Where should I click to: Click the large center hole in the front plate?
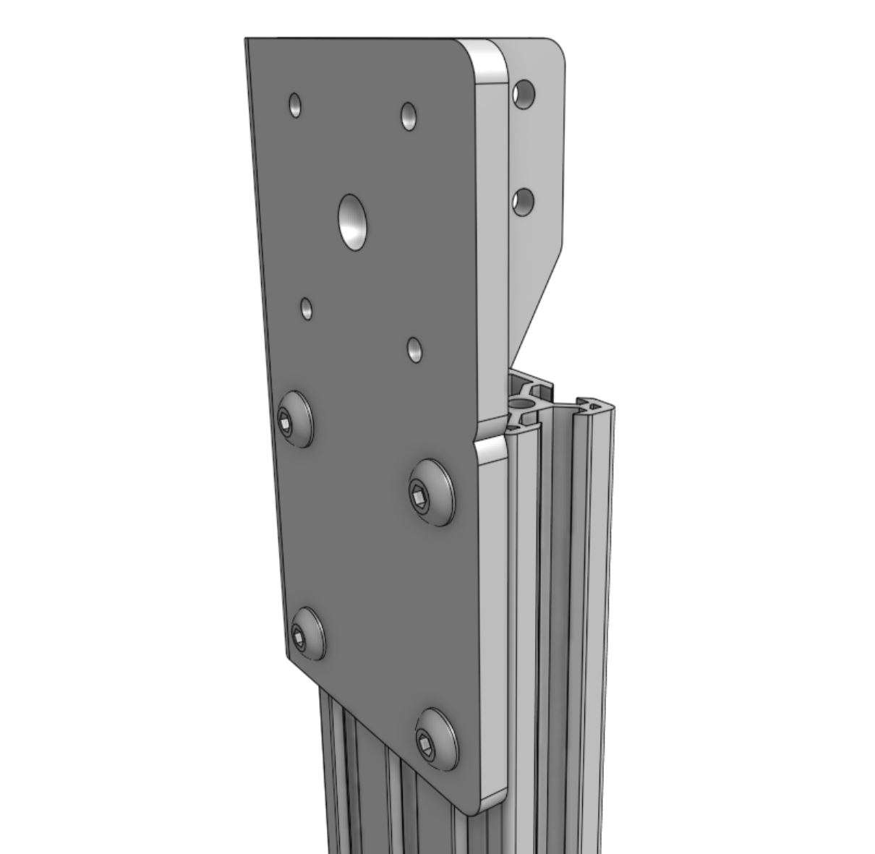point(352,221)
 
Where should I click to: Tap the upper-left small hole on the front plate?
point(295,106)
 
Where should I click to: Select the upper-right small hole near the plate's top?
point(409,116)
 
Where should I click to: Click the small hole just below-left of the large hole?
point(307,309)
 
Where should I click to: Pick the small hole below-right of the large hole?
point(414,349)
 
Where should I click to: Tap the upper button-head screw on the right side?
point(432,492)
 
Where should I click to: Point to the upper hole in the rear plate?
point(524,94)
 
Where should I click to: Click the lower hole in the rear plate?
point(522,202)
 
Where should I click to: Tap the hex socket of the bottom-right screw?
point(425,740)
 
